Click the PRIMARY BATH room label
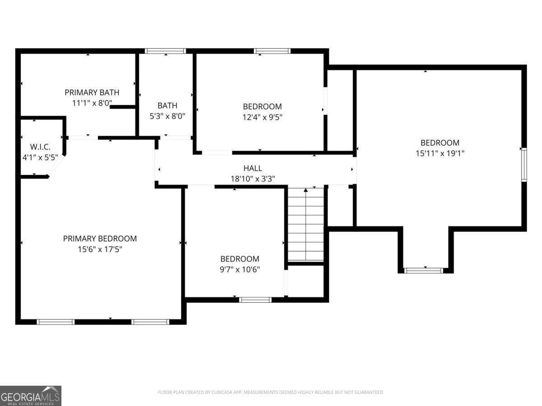tap(92, 92)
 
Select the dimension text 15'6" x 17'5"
tap(99, 249)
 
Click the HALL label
tap(252, 168)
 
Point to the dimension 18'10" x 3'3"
tap(252, 179)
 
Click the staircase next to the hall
tap(306, 224)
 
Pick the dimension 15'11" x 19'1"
tap(440, 153)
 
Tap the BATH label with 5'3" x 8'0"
tap(167, 106)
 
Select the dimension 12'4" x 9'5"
tap(262, 117)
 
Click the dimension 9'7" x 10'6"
tap(240, 269)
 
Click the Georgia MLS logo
tap(30, 396)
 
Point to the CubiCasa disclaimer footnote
tap(271, 392)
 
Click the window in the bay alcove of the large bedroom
tap(423, 271)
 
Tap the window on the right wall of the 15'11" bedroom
tap(524, 164)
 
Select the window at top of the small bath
tap(165, 51)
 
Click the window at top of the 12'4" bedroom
tap(272, 51)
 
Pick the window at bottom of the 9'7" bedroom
tap(255, 300)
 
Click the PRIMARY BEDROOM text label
tap(99, 239)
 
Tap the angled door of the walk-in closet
tap(56, 166)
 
